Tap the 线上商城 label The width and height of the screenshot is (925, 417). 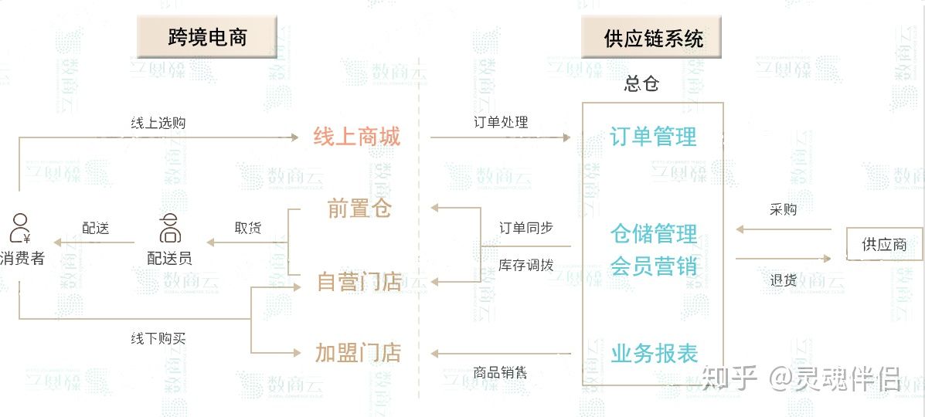[x=357, y=137]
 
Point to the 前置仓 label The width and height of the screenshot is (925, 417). [x=359, y=208]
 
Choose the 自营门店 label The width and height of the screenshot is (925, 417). [x=359, y=282]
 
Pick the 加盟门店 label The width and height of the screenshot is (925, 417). [x=359, y=353]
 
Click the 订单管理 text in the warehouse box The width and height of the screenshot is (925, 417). [x=653, y=137]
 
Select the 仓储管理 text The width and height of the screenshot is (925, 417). [x=653, y=233]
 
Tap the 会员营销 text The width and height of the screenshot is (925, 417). [x=653, y=266]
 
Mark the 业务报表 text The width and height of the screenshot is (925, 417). [x=654, y=354]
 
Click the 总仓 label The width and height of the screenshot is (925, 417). [x=641, y=84]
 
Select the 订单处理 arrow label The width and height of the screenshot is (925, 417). [x=501, y=122]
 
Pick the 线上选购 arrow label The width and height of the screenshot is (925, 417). [x=158, y=123]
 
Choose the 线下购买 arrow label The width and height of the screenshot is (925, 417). [x=158, y=338]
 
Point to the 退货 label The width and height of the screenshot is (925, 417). [x=784, y=280]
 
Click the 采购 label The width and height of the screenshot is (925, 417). [x=784, y=209]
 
